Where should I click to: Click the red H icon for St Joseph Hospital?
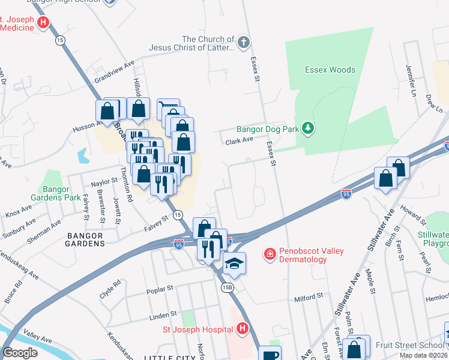point(242,329)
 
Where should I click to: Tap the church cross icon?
point(243,42)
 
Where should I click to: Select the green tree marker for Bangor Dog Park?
point(308,128)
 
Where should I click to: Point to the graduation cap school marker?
point(233,263)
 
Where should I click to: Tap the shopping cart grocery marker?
point(168,108)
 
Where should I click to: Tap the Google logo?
point(20,353)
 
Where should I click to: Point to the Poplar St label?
point(160,291)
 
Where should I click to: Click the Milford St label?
point(309,297)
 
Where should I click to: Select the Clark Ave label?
point(239,142)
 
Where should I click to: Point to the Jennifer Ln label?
point(411,75)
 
